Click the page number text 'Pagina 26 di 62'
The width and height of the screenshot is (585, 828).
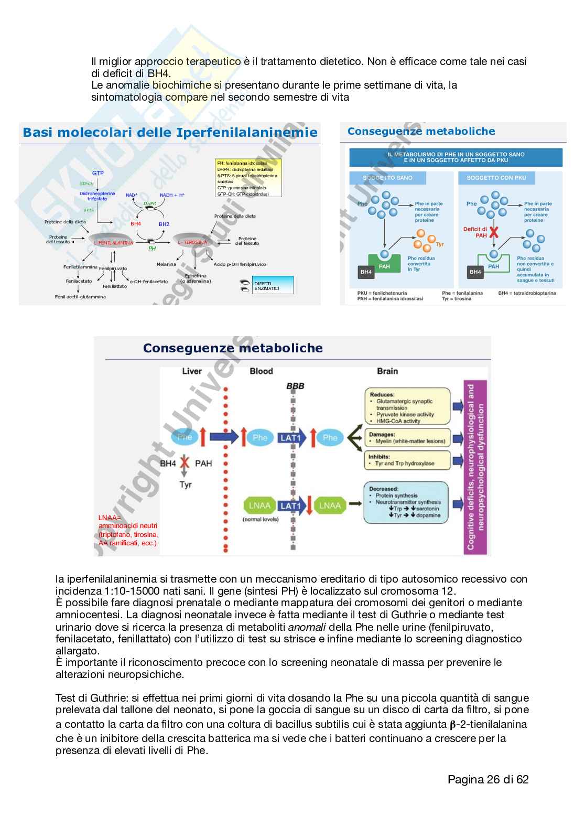point(487,779)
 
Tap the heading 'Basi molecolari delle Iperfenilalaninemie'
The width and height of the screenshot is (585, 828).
point(170,132)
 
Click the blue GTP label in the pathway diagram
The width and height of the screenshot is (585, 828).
point(98,173)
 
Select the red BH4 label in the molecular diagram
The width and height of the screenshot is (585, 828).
point(136,224)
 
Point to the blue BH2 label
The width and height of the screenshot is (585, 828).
point(164,224)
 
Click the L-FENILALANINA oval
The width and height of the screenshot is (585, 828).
point(113,242)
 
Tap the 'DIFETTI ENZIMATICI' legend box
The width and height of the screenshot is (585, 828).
point(273,286)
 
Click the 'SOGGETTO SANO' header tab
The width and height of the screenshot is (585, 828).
point(388,178)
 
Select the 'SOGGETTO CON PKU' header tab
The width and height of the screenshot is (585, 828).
point(496,178)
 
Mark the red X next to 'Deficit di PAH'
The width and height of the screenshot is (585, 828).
point(494,232)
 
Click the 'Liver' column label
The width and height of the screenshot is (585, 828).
point(192,371)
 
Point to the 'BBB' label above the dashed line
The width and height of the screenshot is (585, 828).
point(295,386)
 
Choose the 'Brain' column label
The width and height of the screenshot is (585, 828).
point(387,371)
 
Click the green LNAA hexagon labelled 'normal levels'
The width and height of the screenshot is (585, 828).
point(259,506)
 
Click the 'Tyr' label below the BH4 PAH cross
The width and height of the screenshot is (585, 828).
point(186,485)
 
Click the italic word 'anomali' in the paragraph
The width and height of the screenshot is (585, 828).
point(307,627)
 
